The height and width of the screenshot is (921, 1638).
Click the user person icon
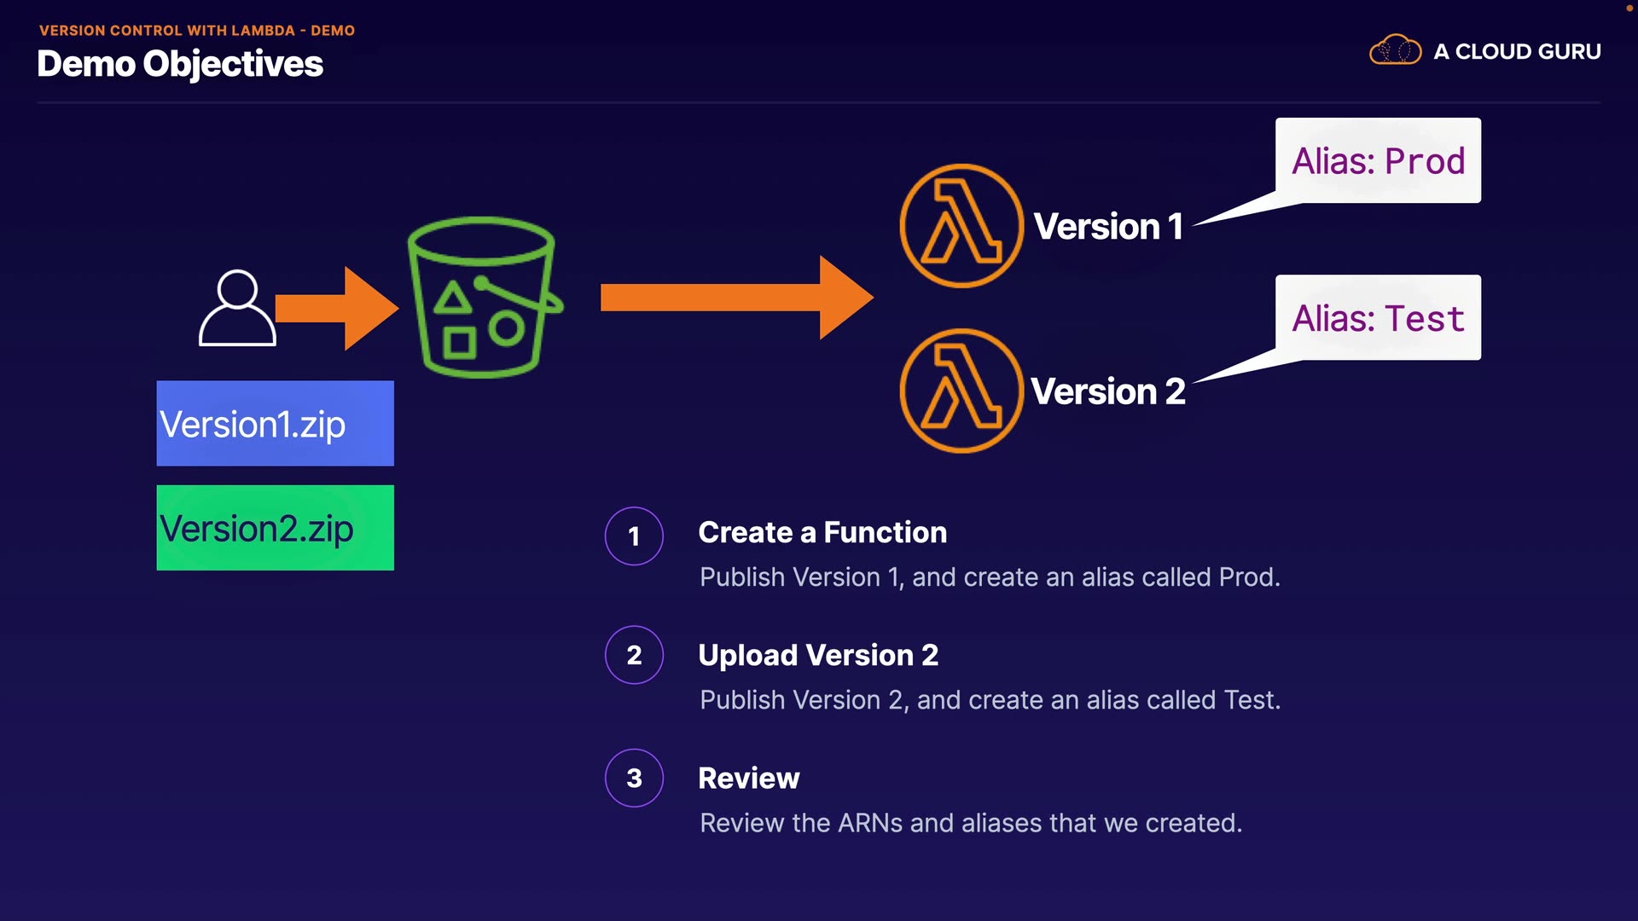tap(237, 308)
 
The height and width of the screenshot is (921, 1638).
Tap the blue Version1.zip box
tap(276, 423)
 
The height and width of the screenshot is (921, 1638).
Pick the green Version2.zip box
tap(276, 528)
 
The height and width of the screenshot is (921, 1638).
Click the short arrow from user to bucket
tap(337, 308)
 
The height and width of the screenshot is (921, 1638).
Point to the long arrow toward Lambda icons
tap(737, 298)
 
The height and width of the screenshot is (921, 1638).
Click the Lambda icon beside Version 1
tap(961, 226)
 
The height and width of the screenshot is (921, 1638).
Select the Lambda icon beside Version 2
tap(961, 391)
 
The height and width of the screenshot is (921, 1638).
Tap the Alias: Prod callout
tap(1378, 160)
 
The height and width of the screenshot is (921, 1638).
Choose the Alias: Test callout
tap(1378, 317)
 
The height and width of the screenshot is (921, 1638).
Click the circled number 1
tap(634, 536)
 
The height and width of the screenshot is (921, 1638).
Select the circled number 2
tap(634, 655)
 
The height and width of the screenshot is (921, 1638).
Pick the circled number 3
tap(634, 778)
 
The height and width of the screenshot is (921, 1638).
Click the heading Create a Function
tap(822, 532)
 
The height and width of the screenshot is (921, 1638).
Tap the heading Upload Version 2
tap(818, 655)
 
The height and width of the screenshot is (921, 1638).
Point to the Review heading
tap(749, 778)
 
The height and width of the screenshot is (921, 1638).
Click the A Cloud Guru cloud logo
tap(1395, 49)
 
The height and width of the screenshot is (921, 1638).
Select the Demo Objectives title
tap(180, 64)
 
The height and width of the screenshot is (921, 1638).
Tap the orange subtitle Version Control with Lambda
tap(166, 31)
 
